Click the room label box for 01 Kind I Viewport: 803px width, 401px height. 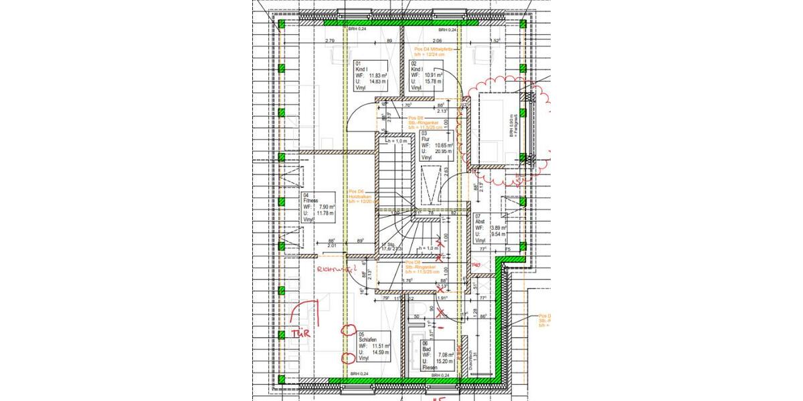(370, 75)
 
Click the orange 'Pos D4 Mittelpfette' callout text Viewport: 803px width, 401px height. (434, 52)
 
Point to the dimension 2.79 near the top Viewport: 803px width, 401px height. (329, 41)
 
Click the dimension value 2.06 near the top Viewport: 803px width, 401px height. (436, 41)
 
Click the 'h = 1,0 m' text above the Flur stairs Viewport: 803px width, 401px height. (395, 141)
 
